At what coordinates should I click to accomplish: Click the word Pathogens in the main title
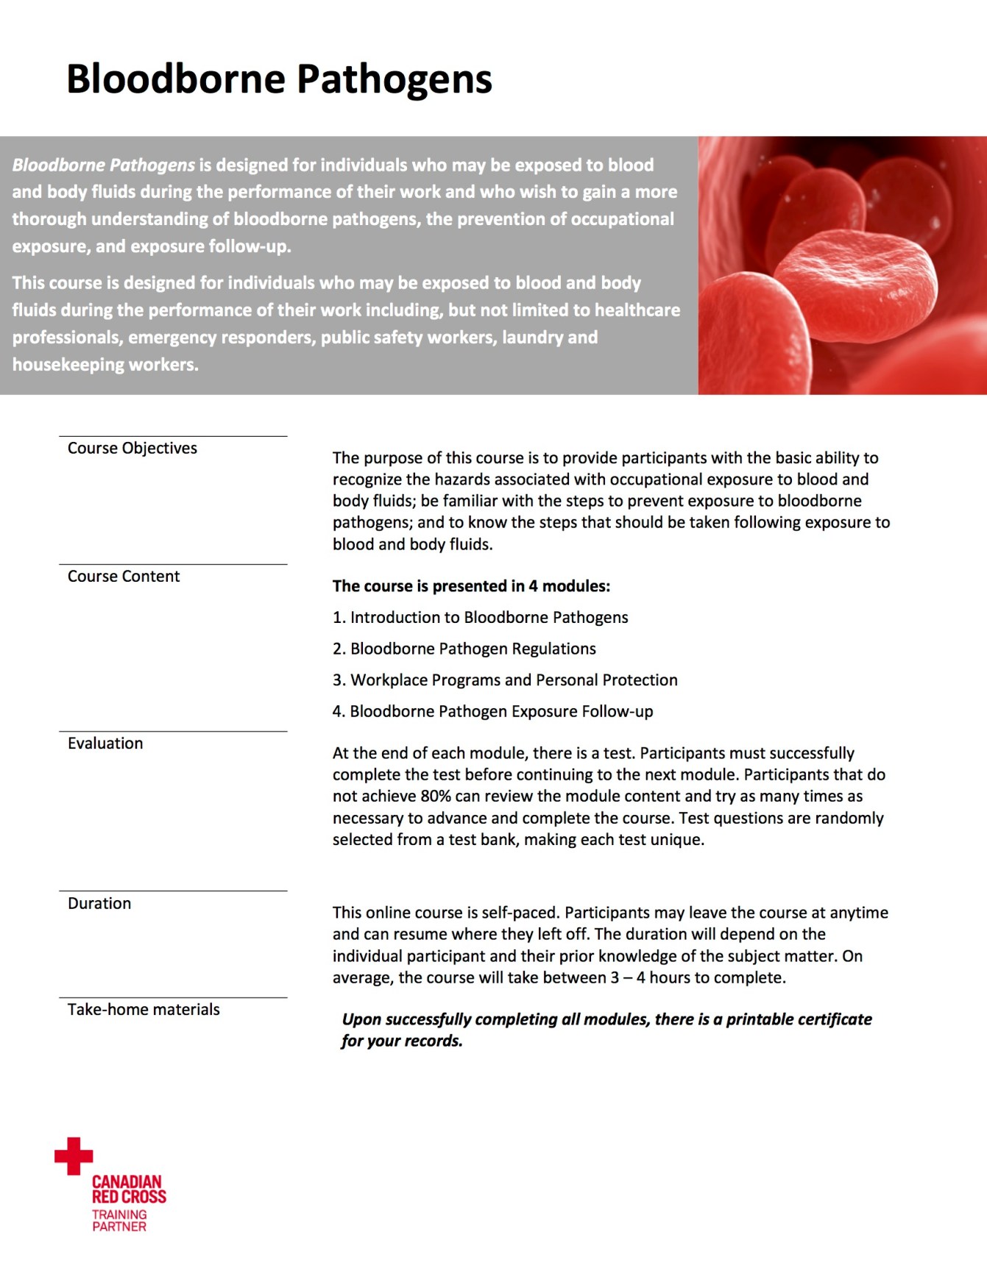click(394, 79)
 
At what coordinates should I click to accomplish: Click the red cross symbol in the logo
click(74, 1155)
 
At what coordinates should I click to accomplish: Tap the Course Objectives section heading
click(132, 448)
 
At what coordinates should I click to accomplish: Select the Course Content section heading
click(124, 576)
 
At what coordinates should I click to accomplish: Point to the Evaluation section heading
click(105, 743)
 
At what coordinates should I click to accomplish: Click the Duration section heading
click(99, 903)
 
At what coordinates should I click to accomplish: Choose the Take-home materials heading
click(144, 1009)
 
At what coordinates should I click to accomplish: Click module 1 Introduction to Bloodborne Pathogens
click(481, 617)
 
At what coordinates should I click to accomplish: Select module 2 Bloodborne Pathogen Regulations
click(464, 649)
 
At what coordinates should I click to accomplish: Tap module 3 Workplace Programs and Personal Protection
click(505, 680)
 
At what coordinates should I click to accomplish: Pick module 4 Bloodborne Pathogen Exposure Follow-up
click(492, 711)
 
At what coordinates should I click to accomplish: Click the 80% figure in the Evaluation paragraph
click(435, 796)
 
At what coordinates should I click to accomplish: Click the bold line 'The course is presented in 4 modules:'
click(471, 586)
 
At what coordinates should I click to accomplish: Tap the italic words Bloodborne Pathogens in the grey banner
click(103, 165)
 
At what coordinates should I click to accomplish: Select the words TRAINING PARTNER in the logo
click(119, 1220)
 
